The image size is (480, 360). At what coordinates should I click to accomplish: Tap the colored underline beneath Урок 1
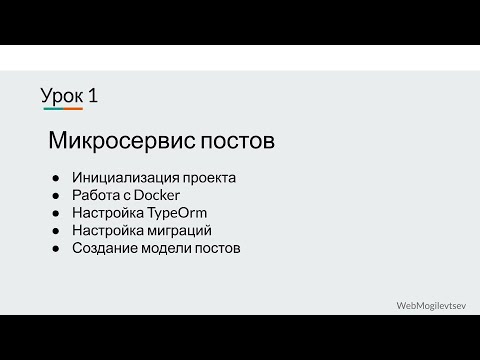coord(62,109)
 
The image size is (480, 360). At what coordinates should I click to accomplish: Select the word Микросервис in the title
coord(108,141)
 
